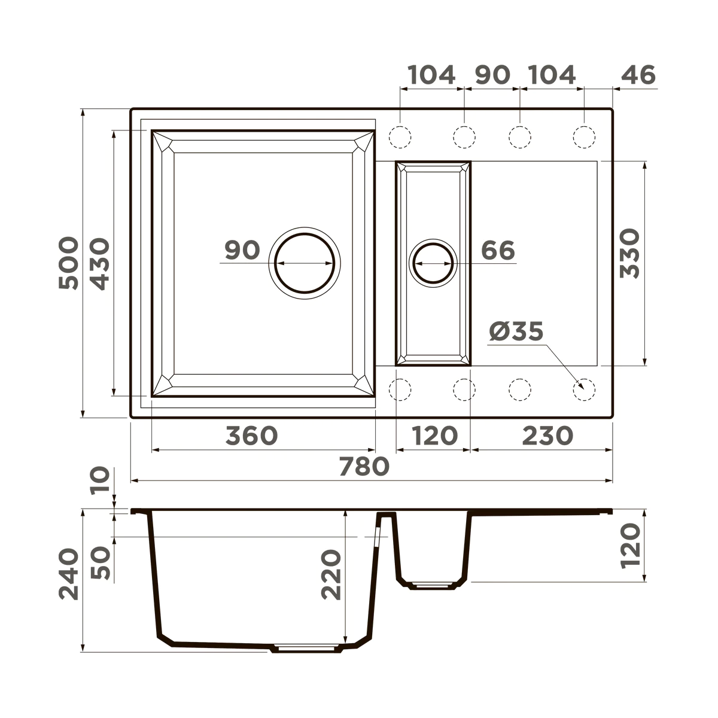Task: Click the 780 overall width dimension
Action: click(364, 467)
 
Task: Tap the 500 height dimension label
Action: click(69, 263)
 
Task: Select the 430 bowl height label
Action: click(101, 264)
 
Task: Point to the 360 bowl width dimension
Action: click(251, 435)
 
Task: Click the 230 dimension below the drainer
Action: click(547, 435)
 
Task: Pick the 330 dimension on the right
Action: click(629, 253)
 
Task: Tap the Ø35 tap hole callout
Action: click(516, 331)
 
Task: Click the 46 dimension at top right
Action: click(638, 75)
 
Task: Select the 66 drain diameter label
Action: click(498, 250)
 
